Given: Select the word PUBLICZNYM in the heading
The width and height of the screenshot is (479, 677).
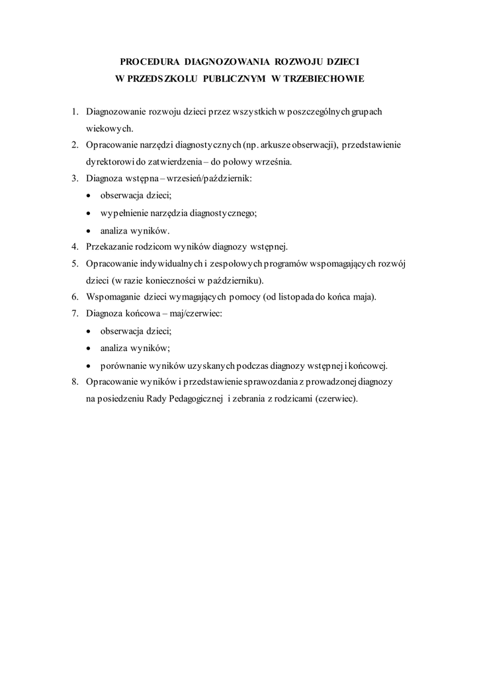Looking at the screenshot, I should [x=222, y=79].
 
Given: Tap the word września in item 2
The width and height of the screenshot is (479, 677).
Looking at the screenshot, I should [x=276, y=161].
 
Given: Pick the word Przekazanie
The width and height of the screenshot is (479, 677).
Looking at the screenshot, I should [x=110, y=247].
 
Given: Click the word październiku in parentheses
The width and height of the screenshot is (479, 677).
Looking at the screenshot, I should [x=235, y=280].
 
